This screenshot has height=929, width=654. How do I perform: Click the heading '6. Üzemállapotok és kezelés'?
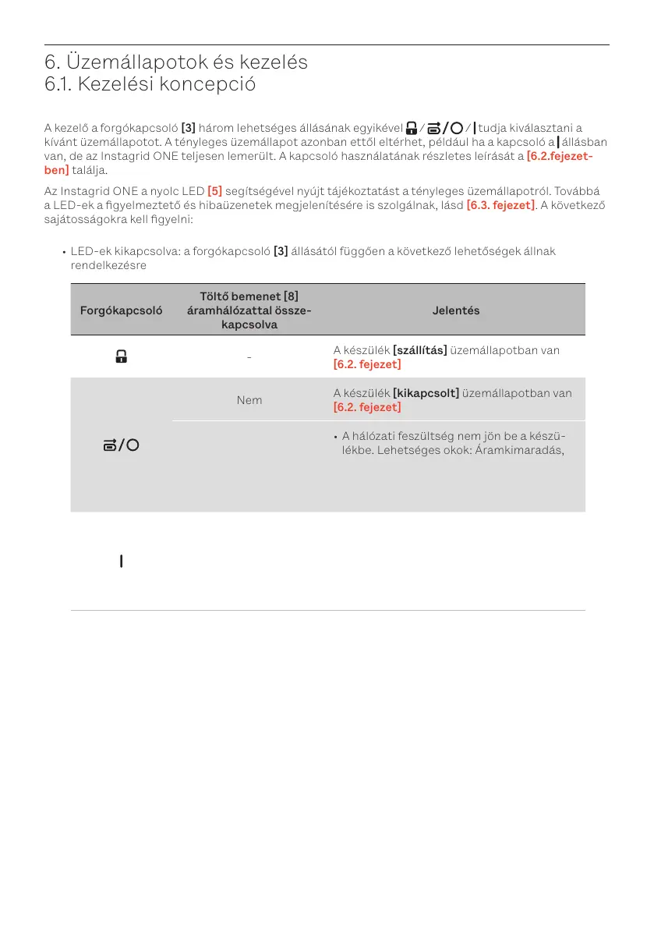tap(176, 62)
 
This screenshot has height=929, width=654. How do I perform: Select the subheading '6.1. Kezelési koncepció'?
tap(150, 84)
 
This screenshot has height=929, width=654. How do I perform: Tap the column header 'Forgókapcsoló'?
tap(121, 310)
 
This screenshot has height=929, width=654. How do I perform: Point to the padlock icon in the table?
tap(121, 357)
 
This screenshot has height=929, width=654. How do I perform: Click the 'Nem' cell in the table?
tap(249, 400)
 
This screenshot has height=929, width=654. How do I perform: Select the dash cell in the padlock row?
tap(249, 357)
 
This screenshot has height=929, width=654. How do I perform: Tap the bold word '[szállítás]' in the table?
tap(419, 351)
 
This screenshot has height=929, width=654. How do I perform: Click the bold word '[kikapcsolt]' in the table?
tap(426, 394)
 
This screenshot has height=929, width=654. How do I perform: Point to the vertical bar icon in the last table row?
tap(121, 561)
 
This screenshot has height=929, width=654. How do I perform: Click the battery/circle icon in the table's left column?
tap(121, 445)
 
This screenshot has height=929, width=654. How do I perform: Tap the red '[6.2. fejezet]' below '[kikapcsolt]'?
tap(367, 407)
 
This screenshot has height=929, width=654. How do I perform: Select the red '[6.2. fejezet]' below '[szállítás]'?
tap(367, 364)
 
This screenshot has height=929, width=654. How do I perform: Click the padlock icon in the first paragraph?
tap(411, 129)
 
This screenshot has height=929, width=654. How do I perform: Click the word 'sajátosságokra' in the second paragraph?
tap(84, 219)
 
